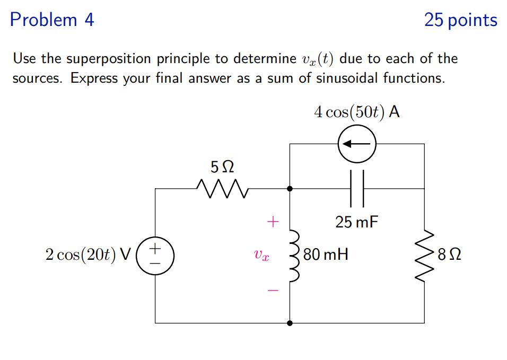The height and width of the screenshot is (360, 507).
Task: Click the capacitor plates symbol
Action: [357, 188]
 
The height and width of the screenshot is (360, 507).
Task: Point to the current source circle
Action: [357, 144]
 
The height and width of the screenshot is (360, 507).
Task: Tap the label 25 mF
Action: [357, 222]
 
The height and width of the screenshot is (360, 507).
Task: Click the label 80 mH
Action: [326, 255]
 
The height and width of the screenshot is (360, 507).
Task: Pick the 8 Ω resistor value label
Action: [449, 255]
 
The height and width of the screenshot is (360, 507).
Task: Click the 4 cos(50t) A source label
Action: [356, 112]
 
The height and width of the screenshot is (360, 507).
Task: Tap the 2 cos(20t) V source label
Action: [88, 255]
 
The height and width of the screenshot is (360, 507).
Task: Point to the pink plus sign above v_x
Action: [272, 221]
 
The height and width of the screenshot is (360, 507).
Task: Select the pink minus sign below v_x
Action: [272, 291]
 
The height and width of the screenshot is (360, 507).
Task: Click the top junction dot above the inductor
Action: [290, 188]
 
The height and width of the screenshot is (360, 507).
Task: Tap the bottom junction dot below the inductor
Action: [290, 322]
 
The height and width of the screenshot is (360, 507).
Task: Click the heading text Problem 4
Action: [52, 20]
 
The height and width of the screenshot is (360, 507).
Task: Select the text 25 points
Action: [460, 20]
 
